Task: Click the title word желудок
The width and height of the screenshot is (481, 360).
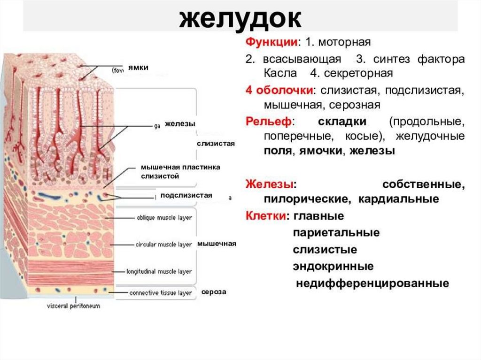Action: pyautogui.click(x=240, y=19)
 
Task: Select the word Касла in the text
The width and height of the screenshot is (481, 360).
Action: pyautogui.click(x=280, y=74)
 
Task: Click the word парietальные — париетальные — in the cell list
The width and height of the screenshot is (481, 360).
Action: pyautogui.click(x=336, y=233)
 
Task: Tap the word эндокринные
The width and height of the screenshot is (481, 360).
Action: pyautogui.click(x=333, y=267)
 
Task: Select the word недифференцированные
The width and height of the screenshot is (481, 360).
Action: pyautogui.click(x=372, y=283)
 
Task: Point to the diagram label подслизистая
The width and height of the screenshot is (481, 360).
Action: pyautogui.click(x=186, y=195)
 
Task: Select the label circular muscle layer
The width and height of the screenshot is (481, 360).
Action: pyautogui.click(x=163, y=245)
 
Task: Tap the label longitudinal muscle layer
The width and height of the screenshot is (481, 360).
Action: pyautogui.click(x=159, y=271)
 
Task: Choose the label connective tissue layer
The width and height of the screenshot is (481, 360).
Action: pyautogui.click(x=161, y=293)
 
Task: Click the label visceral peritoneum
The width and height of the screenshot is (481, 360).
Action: pyautogui.click(x=73, y=306)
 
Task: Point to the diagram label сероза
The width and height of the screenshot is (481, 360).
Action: pyautogui.click(x=214, y=291)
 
